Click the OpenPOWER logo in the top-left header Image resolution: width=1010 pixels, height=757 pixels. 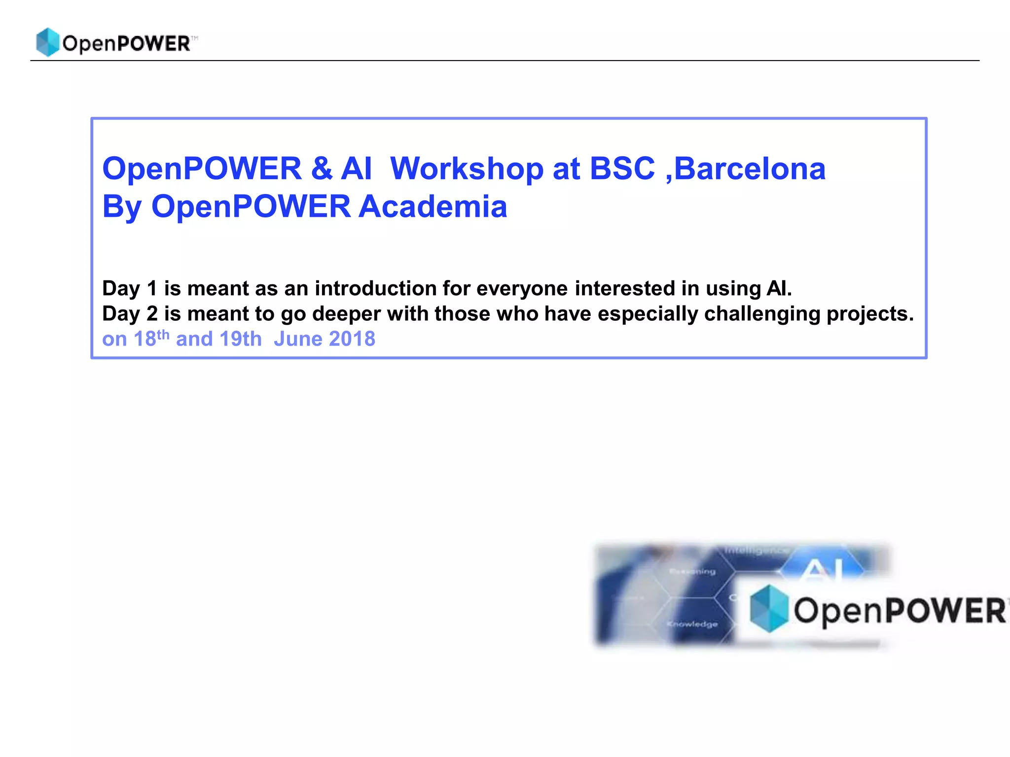click(116, 42)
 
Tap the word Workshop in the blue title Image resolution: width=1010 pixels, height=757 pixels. click(467, 169)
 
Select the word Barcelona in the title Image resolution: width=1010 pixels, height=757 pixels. click(750, 169)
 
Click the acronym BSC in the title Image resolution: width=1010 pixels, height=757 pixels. click(622, 169)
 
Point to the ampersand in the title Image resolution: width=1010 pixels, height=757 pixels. click(322, 169)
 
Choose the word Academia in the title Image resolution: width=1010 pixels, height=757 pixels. click(433, 206)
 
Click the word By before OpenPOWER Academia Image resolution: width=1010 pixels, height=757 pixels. click(122, 207)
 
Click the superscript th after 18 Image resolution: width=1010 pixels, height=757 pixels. click(163, 336)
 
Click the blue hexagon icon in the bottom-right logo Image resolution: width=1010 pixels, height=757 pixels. click(768, 608)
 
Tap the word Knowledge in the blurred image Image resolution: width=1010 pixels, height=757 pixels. click(692, 624)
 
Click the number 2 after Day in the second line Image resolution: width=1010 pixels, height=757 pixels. click(152, 314)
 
